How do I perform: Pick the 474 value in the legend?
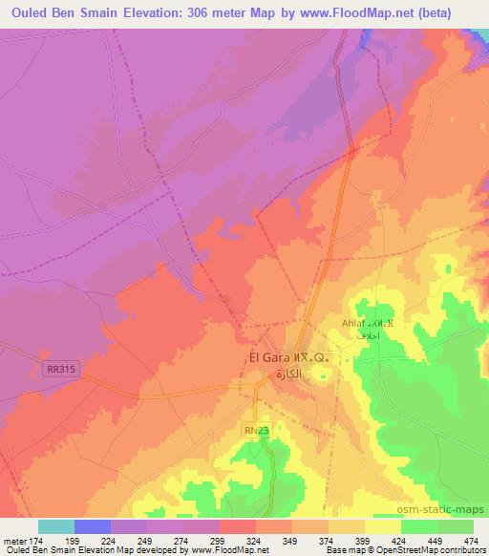pyautogui.click(x=472, y=539)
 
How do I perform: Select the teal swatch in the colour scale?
pyautogui.click(x=56, y=526)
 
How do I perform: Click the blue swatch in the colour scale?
pyautogui.click(x=93, y=526)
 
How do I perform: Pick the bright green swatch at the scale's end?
pyautogui.click(x=455, y=526)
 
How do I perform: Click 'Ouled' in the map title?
pyautogui.click(x=28, y=11)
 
